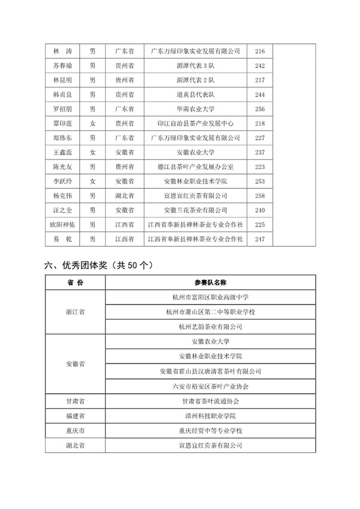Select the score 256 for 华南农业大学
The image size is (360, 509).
pos(260,109)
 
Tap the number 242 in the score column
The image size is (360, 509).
pos(260,66)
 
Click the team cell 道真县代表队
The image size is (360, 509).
pos(196,95)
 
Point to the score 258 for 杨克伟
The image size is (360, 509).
pos(260,196)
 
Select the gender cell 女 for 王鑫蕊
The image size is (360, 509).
pos(92,152)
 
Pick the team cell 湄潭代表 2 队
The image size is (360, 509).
pos(196,80)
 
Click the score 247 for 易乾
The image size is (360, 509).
pos(260,239)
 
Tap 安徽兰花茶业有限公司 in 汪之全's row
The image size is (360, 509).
pos(196,210)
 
